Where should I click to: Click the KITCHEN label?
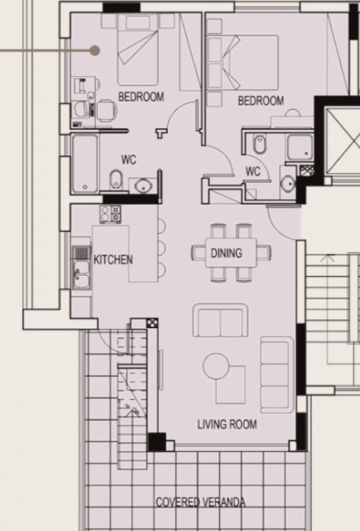coord(113,260)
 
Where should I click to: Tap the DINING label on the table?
coord(226,253)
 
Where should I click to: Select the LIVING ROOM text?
coord(227,424)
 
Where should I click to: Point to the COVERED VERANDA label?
coord(201,502)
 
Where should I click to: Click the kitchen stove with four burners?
coord(110,214)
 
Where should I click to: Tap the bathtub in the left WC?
coord(84,164)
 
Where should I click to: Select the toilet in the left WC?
coord(116,180)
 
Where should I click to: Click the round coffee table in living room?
coord(216,366)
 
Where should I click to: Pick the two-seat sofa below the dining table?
coord(220,321)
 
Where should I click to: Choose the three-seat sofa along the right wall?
coord(277,375)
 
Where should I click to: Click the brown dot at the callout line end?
coord(95,51)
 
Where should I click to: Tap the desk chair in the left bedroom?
coord(107,110)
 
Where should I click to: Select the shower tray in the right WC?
coord(299,147)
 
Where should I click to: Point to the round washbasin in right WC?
coord(288,183)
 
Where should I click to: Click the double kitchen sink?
coord(81,275)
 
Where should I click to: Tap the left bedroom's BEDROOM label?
coord(141,97)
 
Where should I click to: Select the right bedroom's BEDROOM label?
coord(261,101)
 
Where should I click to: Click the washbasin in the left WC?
coord(144,186)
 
